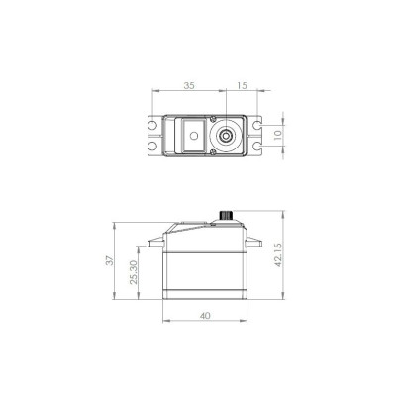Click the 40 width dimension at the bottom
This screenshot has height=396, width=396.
point(203,317)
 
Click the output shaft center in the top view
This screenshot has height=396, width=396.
point(228,132)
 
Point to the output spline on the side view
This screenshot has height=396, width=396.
point(226,215)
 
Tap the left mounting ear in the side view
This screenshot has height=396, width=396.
point(151,241)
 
